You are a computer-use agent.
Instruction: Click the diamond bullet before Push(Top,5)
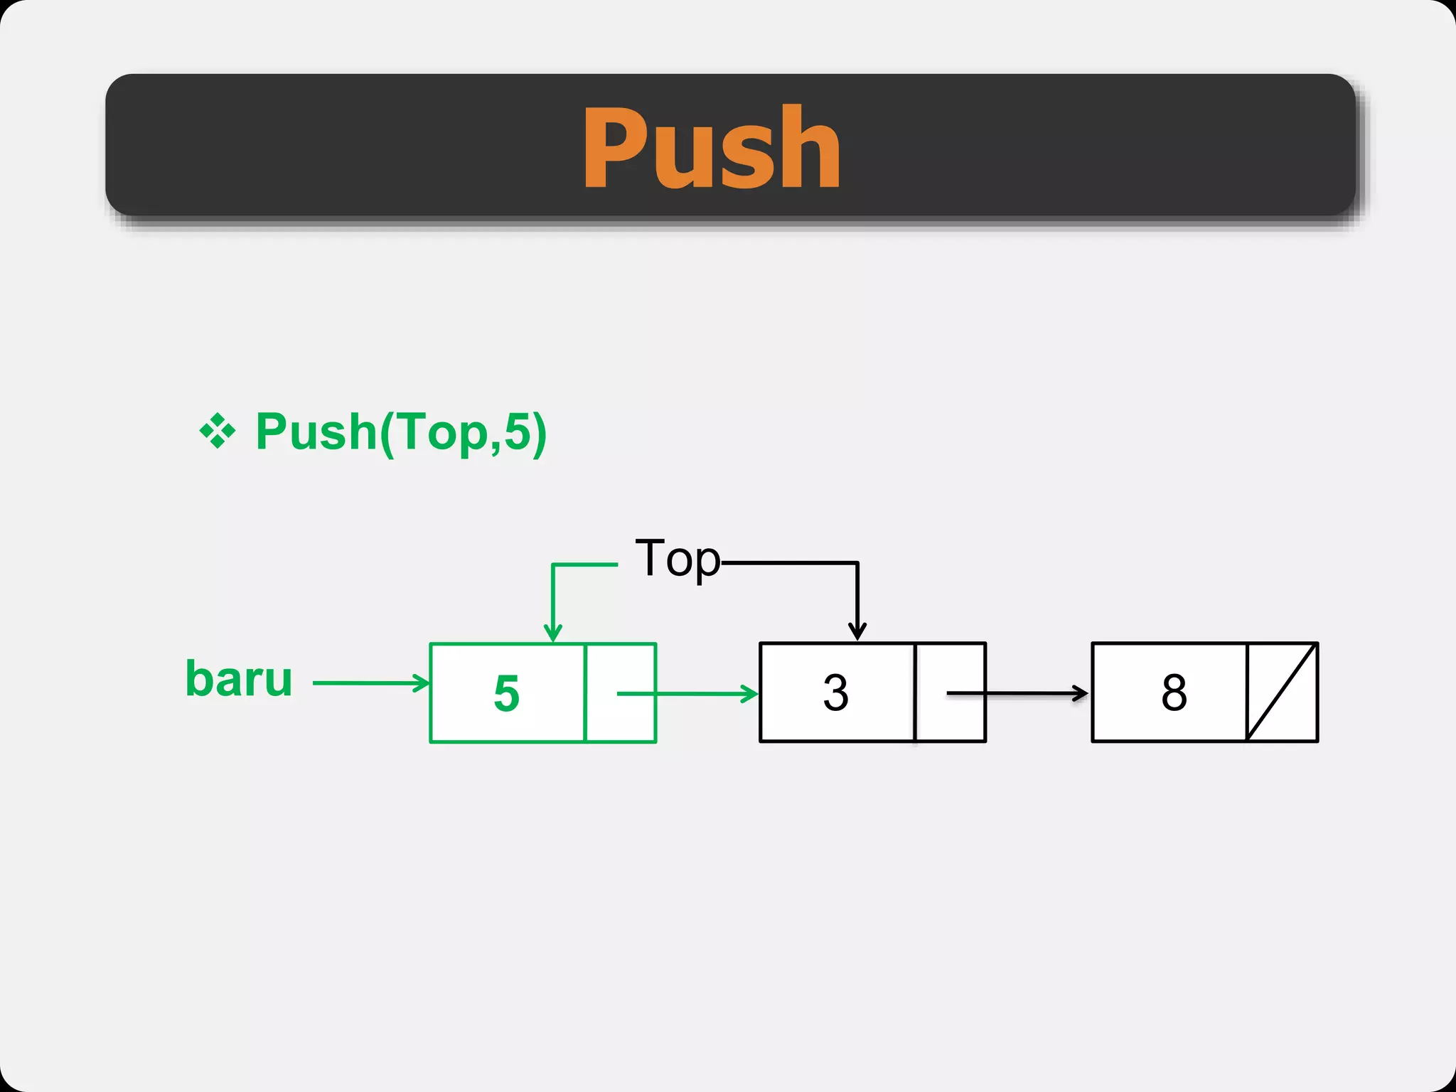[x=217, y=431]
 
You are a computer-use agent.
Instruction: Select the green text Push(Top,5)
[x=401, y=432]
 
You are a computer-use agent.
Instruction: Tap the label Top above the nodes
[x=677, y=560]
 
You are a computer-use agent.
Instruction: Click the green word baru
[x=239, y=679]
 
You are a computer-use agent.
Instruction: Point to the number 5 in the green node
[x=506, y=693]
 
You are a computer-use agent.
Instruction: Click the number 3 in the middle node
[x=835, y=692]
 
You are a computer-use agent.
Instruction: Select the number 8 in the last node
[x=1174, y=692]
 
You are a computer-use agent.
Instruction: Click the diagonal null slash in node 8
[x=1282, y=692]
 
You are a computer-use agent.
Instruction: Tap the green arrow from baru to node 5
[x=370, y=683]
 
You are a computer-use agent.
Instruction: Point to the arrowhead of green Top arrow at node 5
[x=552, y=633]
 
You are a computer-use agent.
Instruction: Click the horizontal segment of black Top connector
[x=789, y=563]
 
